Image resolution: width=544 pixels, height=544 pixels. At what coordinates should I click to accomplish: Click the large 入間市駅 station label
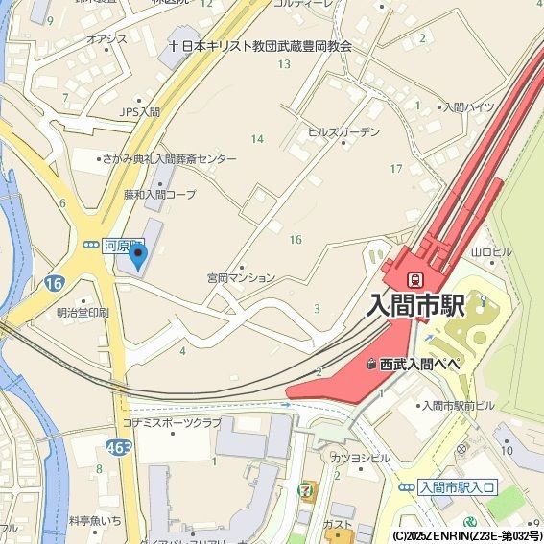pos(416,306)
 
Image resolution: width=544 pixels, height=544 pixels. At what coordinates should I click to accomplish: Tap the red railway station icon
pos(416,280)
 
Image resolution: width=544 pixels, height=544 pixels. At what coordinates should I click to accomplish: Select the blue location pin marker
pos(139,255)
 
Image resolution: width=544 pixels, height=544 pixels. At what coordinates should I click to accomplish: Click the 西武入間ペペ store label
pos(420,365)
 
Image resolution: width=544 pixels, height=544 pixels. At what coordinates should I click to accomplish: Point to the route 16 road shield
pos(53,283)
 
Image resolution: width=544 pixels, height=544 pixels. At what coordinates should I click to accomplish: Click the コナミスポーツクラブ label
pos(171,423)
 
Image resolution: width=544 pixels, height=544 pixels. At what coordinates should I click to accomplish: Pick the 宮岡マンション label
pos(241,278)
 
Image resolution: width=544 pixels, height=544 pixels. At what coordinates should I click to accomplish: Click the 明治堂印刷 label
pos(83,313)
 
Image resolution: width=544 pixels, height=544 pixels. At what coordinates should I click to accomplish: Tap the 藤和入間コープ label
pos(159,194)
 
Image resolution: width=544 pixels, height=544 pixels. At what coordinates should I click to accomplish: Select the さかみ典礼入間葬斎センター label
pos(172,159)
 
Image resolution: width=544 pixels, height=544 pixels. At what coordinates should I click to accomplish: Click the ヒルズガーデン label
pos(343,132)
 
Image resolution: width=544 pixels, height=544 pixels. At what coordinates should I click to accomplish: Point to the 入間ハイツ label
pos(468,107)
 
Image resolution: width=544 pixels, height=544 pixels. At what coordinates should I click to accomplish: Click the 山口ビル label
pos(492,252)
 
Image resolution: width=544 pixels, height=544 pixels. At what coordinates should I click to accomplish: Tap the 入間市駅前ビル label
pos(457,406)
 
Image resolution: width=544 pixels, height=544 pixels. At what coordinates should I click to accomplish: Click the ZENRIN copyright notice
pos(467,535)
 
